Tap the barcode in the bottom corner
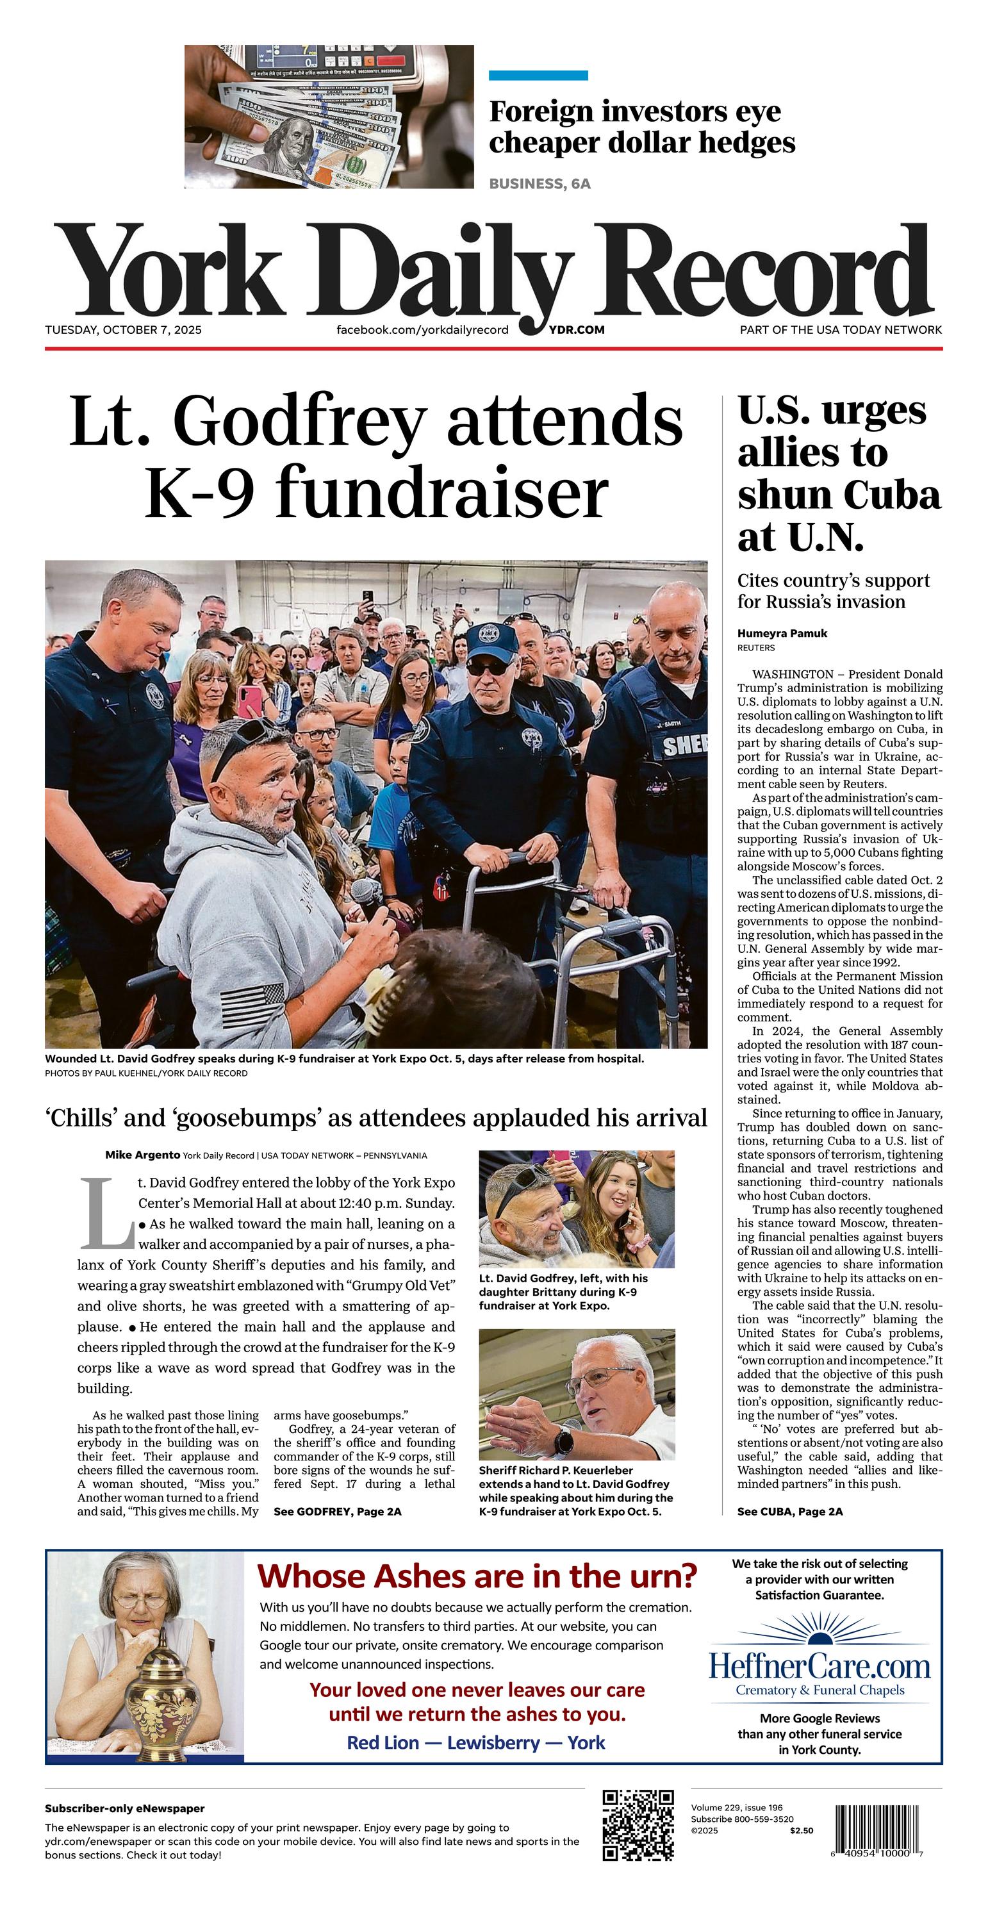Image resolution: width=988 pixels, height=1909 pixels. tap(879, 1829)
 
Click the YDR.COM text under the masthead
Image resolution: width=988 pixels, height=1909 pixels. tap(577, 330)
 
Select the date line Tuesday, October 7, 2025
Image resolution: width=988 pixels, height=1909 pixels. tap(123, 330)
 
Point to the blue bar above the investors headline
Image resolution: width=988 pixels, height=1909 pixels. tap(538, 76)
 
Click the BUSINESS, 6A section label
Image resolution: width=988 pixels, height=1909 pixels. tap(539, 184)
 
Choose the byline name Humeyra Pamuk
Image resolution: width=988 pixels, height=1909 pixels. tap(782, 633)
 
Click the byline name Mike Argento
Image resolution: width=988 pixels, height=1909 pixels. tap(142, 1155)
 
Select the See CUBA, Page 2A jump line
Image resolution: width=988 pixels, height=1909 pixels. tap(789, 1511)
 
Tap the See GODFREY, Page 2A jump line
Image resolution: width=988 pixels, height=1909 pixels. tap(337, 1511)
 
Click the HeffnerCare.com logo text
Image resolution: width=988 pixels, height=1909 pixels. tap(819, 1666)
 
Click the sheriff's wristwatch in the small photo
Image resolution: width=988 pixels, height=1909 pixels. tap(564, 1441)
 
